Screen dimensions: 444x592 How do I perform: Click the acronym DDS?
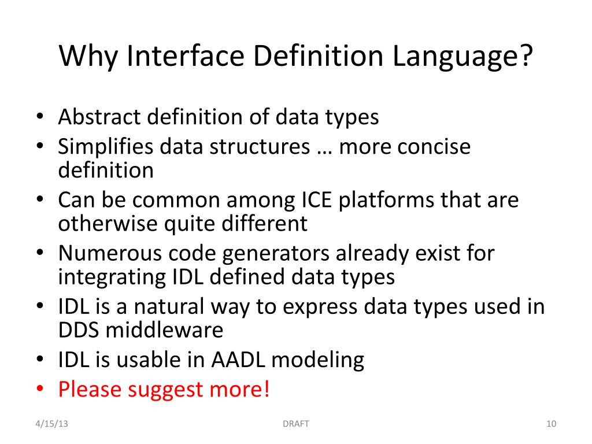coord(78,330)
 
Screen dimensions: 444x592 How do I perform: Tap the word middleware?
coord(164,330)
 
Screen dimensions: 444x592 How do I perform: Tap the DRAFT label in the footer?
coord(295,424)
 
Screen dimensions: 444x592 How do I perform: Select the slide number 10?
coord(550,424)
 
